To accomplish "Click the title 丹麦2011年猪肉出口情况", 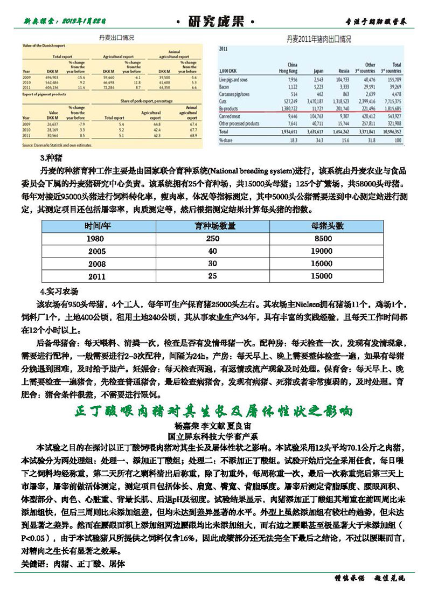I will tap(318, 39).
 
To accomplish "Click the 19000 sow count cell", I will tap(322, 251).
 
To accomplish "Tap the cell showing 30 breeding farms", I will tap(212, 263).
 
